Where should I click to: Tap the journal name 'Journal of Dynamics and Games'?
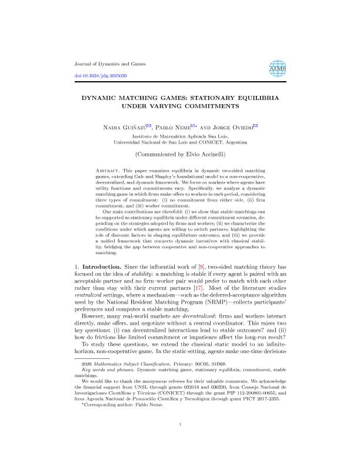(111, 64)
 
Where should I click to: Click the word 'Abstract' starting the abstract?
(108, 170)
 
